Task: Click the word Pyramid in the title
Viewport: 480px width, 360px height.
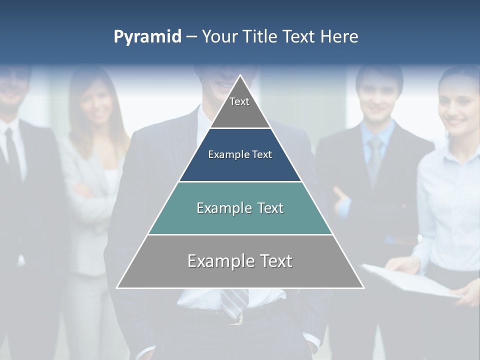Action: [x=147, y=37]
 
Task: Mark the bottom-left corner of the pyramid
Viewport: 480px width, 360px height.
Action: [x=117, y=287]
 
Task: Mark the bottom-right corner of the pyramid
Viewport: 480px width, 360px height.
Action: [x=363, y=287]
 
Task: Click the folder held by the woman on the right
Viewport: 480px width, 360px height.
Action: [x=410, y=282]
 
